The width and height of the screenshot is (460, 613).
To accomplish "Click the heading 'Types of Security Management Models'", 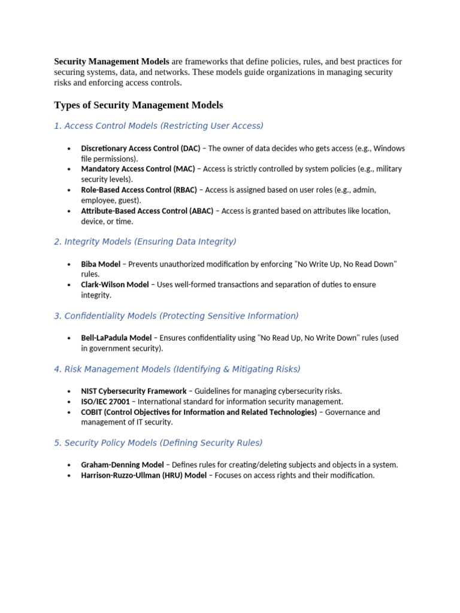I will coord(138,105).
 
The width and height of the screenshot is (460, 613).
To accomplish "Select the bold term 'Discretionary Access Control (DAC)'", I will coord(141,148).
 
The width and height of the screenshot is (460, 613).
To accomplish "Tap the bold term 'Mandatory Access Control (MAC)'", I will coord(138,169).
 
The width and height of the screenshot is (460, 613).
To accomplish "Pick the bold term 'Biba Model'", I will coord(101,264).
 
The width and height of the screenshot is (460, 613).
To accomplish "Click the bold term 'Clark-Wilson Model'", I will coord(115,285).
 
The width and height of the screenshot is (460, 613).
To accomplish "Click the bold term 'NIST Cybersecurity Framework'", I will coord(134,391).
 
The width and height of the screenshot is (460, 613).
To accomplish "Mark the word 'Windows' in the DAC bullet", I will coord(389,148).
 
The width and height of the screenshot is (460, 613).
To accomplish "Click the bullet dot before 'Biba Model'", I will coord(69,264).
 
